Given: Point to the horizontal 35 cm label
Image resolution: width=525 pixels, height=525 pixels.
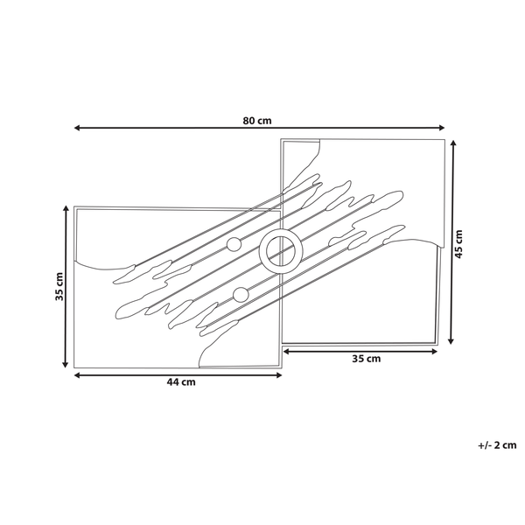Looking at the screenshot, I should coord(366,359).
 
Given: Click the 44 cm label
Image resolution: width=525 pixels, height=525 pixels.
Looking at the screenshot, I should coord(182,382).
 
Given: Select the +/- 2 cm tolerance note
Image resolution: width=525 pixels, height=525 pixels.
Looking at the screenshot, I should coord(496,444).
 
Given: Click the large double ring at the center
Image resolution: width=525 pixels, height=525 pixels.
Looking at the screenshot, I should coord(281,252).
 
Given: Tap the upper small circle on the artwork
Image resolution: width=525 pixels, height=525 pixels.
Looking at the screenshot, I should coord(234,245).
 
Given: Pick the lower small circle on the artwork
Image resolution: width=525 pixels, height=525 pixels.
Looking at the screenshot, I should coord(241,295).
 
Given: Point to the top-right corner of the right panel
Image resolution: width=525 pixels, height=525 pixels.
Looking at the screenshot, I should coord(444,140).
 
